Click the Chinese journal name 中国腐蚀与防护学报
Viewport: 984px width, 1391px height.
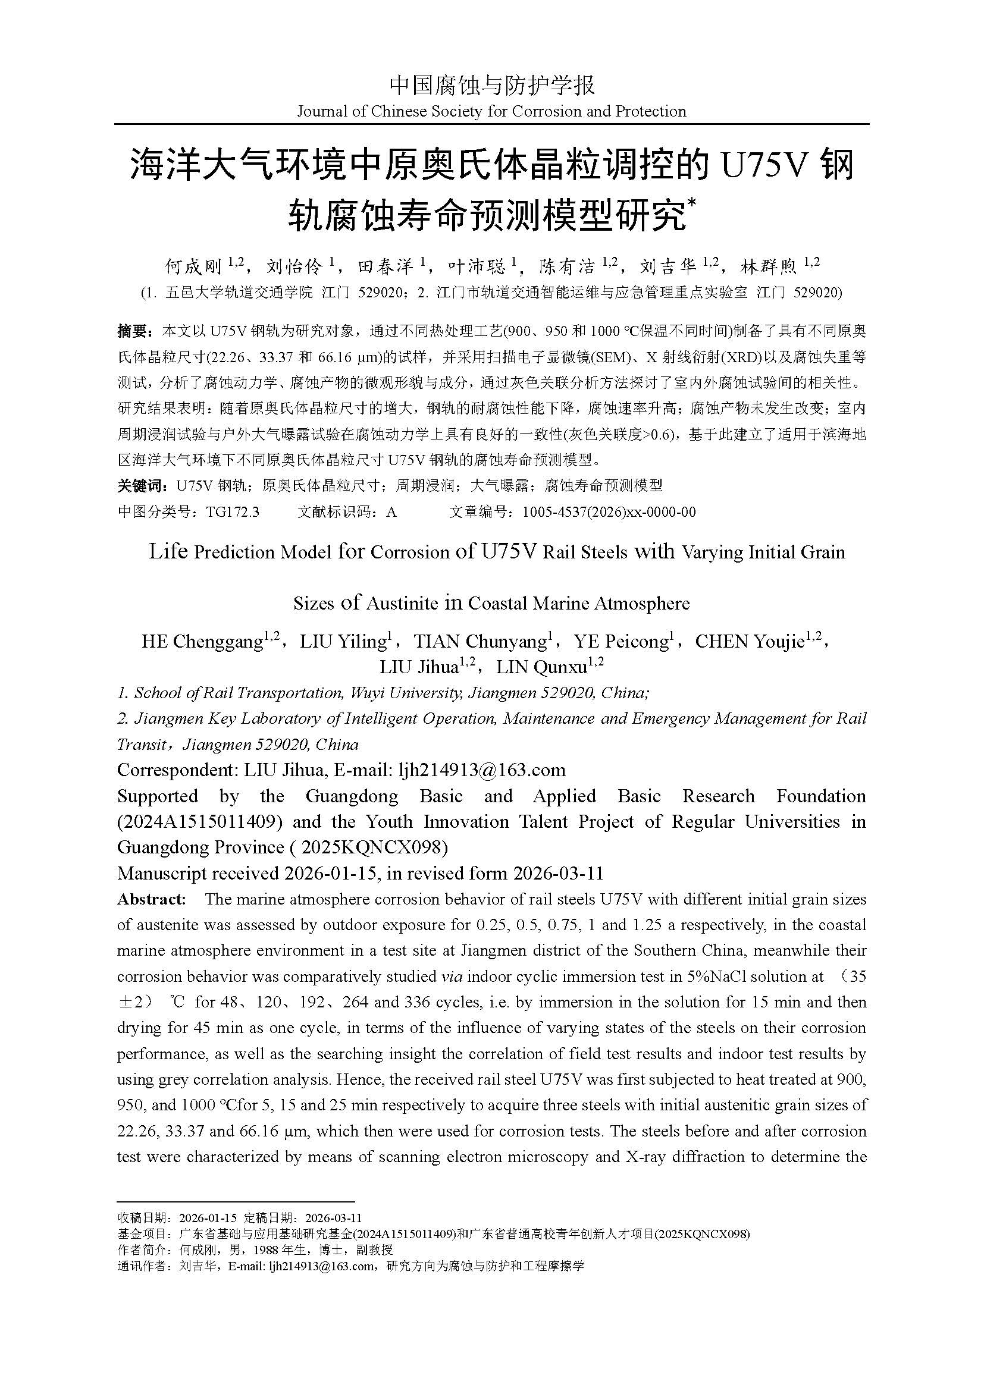coord(491,86)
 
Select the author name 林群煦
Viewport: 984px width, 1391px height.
coord(770,266)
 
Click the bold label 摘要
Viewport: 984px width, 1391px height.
coord(132,331)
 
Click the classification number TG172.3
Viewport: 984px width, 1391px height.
coord(232,512)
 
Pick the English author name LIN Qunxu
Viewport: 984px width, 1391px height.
coord(541,667)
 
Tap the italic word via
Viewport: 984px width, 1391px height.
coord(447,976)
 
